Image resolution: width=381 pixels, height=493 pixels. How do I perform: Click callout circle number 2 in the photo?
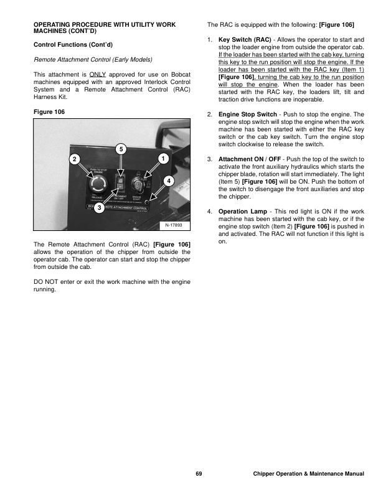74,159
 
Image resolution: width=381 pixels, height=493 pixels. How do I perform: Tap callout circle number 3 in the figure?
98,208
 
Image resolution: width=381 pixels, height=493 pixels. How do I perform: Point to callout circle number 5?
121,148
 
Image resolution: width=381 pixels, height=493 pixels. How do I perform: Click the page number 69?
198,474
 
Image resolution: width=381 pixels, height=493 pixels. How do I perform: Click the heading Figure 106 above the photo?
49,111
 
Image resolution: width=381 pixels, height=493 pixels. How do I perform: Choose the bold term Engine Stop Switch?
249,115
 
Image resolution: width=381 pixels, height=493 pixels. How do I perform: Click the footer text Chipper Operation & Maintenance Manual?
309,474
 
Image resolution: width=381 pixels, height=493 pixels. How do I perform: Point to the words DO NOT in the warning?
45,282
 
